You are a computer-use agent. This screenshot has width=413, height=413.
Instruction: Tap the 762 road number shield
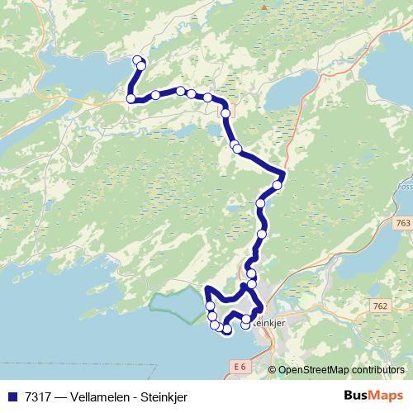click(379, 306)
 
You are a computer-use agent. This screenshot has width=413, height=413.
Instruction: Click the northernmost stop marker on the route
click(137, 59)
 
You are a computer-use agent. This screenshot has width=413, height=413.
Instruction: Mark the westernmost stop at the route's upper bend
click(131, 99)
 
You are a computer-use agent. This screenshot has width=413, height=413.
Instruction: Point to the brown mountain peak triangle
click(264, 7)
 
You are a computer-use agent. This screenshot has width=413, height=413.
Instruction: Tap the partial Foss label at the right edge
click(407, 187)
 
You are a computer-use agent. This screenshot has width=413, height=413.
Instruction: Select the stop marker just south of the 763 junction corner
click(278, 185)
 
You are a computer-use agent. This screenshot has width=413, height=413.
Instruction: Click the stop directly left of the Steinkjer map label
click(245, 324)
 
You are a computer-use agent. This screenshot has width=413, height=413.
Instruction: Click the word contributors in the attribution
click(375, 369)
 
